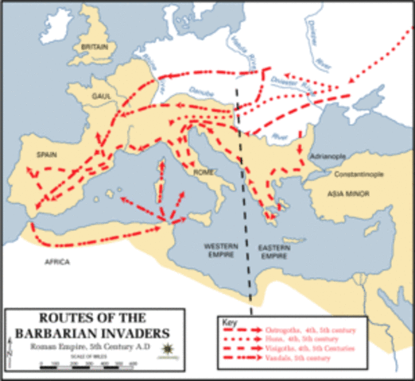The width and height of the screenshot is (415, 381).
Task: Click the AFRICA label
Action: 57,262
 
